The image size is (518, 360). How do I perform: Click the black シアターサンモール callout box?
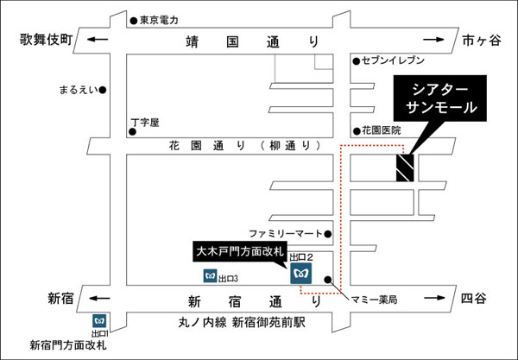click(439, 98)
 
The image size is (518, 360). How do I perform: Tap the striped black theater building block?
click(405, 167)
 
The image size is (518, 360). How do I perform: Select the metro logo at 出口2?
click(301, 273)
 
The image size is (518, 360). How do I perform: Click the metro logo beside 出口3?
click(210, 275)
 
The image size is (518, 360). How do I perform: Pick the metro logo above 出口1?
click(99, 321)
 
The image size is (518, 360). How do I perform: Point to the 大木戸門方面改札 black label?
click(240, 252)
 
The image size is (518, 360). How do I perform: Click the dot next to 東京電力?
click(134, 21)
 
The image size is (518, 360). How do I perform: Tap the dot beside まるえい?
click(103, 90)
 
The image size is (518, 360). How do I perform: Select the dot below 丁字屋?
click(132, 132)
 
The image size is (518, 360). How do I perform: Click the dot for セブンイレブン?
click(356, 61)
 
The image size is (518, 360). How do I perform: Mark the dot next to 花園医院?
click(357, 131)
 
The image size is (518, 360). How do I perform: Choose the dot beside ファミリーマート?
click(328, 234)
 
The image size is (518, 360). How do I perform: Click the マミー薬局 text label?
click(374, 300)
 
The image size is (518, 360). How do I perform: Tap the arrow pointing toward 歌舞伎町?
click(98, 40)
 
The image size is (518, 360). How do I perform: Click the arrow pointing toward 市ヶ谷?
click(433, 40)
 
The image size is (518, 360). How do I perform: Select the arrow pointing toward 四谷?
click(435, 298)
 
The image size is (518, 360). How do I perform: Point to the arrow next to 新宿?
click(99, 298)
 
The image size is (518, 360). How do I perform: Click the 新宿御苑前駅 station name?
click(268, 323)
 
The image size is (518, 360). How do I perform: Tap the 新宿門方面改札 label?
click(68, 345)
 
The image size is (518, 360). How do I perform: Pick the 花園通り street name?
click(207, 146)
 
